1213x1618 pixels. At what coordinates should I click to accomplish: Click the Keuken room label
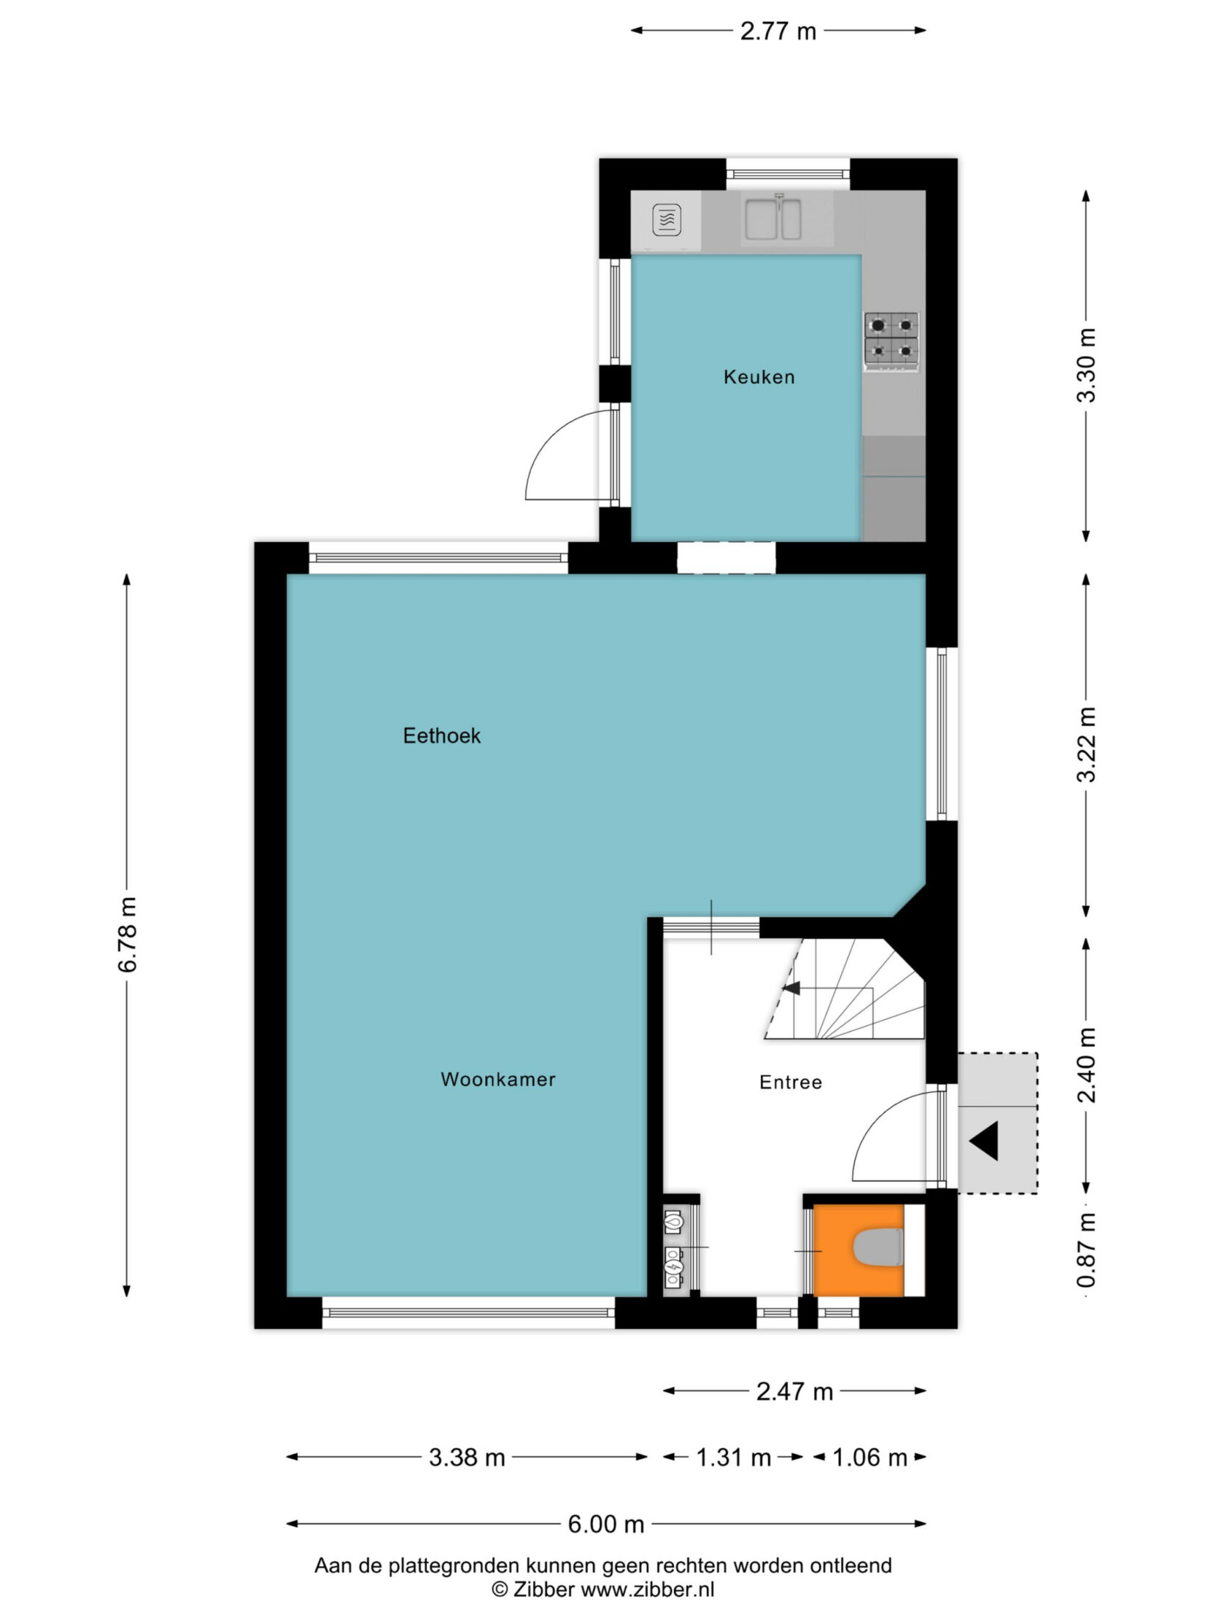pyautogui.click(x=759, y=377)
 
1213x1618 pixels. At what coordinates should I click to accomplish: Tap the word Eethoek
pyautogui.click(x=442, y=735)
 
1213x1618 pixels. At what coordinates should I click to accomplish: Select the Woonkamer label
pyautogui.click(x=498, y=1080)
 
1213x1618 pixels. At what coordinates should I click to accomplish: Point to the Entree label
pyautogui.click(x=790, y=1082)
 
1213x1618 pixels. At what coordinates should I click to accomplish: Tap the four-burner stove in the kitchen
pyautogui.click(x=892, y=341)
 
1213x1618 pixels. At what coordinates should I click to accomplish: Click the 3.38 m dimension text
pyautogui.click(x=467, y=1457)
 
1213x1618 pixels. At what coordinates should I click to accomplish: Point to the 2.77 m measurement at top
pyautogui.click(x=778, y=32)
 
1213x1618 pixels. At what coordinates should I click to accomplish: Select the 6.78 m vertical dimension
pyautogui.click(x=127, y=935)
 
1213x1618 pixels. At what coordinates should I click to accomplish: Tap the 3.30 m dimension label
pyautogui.click(x=1086, y=365)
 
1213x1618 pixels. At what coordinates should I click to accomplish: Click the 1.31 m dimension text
pyautogui.click(x=734, y=1457)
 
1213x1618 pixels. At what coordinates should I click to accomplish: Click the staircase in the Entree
pyautogui.click(x=845, y=989)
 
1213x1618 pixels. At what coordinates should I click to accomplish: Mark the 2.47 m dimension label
pyautogui.click(x=795, y=1391)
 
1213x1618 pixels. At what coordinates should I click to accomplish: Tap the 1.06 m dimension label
pyautogui.click(x=870, y=1457)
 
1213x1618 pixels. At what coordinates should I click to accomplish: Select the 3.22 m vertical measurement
pyautogui.click(x=1086, y=744)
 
